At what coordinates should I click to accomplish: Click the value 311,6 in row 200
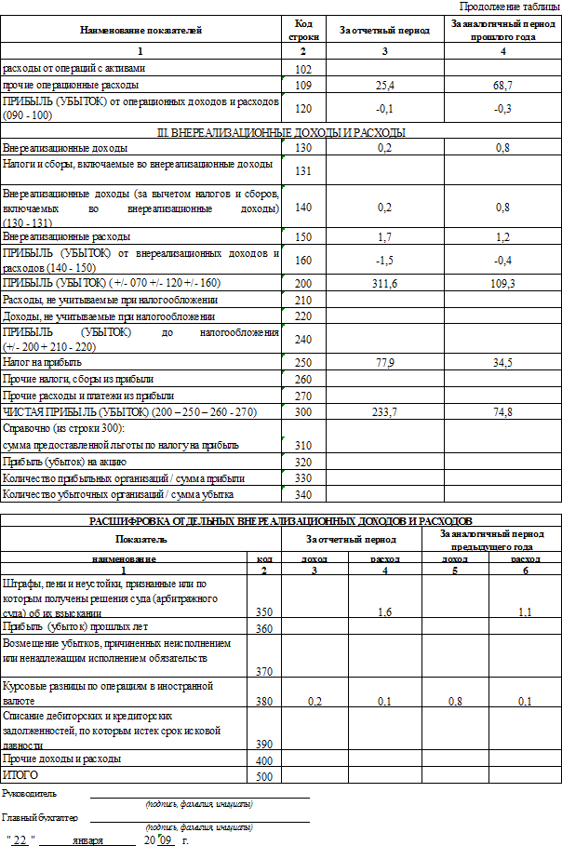tap(384, 282)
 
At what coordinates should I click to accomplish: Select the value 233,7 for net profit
tap(384, 411)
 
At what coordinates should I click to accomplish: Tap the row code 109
tap(302, 85)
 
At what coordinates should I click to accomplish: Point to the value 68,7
tap(503, 85)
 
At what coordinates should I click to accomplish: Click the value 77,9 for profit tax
tap(384, 361)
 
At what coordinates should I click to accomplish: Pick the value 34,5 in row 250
tap(503, 361)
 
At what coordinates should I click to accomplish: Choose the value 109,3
tap(503, 282)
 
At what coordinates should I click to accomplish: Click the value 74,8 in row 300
tap(503, 411)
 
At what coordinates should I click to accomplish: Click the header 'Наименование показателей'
tap(141, 31)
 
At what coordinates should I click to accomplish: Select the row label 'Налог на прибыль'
tap(43, 361)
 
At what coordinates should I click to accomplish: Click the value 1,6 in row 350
tap(384, 612)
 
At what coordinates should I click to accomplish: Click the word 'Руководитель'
tap(30, 793)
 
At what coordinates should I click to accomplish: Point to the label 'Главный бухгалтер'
tap(40, 818)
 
